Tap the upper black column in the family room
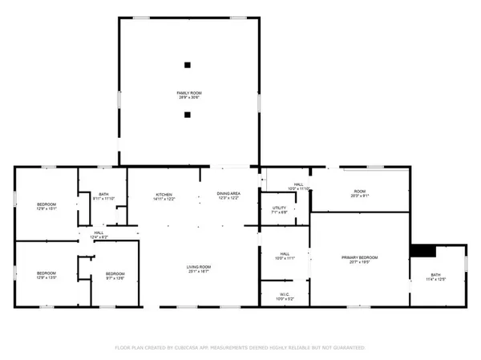point(187,65)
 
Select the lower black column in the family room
point(187,115)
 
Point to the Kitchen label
point(164,196)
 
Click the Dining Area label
point(228,196)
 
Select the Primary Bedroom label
point(359,259)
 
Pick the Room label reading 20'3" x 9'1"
point(360,192)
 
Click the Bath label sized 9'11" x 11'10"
point(104,196)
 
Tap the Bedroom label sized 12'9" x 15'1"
point(46,207)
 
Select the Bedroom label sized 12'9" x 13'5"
point(46,276)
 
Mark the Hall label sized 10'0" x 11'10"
point(298,187)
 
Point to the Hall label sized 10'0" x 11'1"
point(285,257)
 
